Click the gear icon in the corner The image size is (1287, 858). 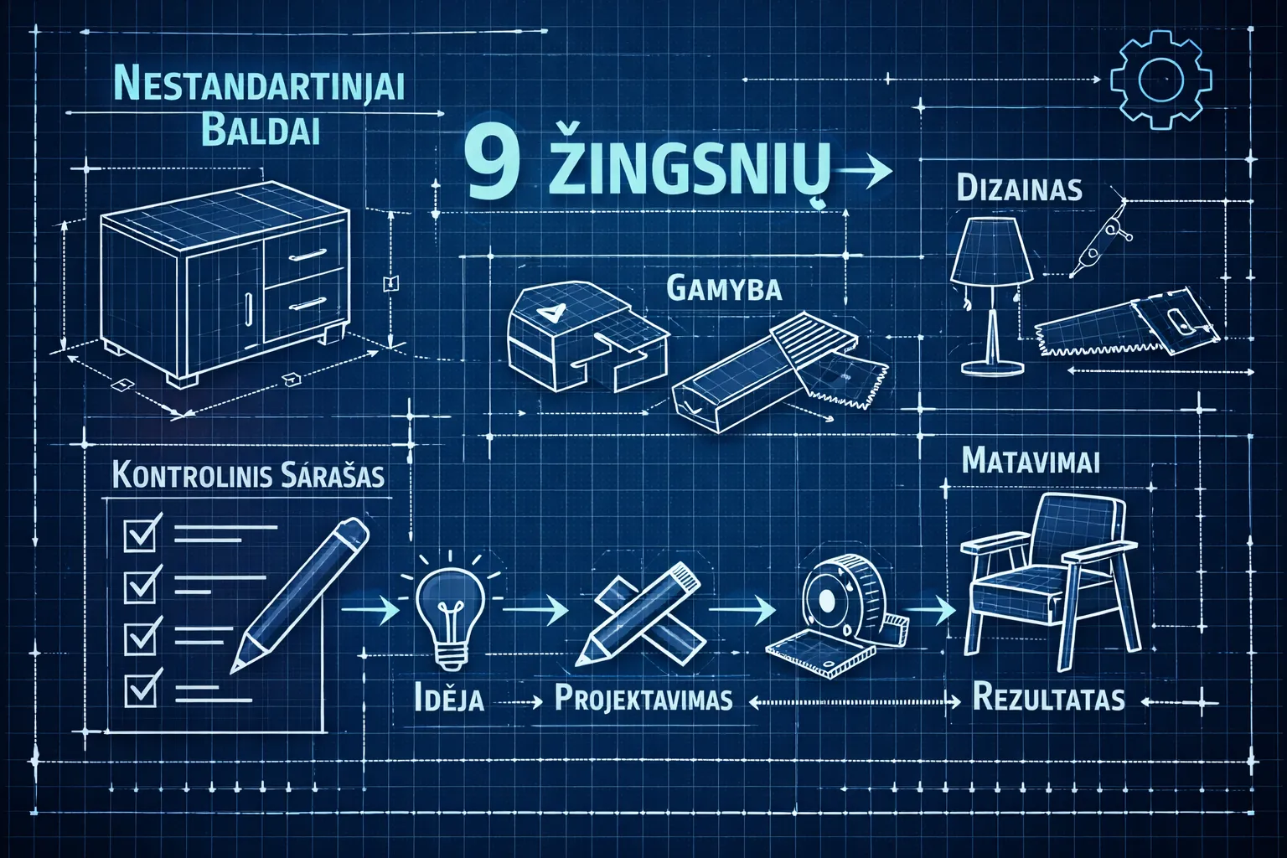[1160, 80]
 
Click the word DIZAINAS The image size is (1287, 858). [1019, 189]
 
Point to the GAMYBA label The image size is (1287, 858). [725, 288]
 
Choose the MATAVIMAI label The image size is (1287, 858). [1031, 461]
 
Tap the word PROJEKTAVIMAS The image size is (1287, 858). [643, 698]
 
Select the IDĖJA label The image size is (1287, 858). [449, 698]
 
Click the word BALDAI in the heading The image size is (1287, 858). [261, 132]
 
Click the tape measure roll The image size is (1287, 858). [833, 599]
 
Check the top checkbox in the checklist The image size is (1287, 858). [142, 533]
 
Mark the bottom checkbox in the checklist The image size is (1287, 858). [142, 689]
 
